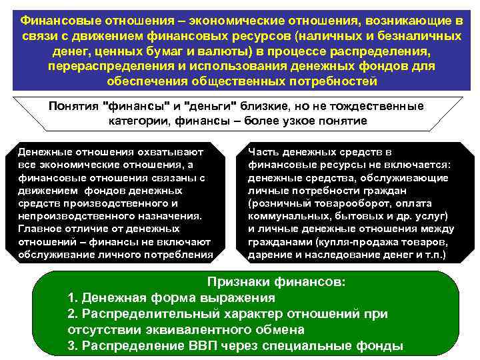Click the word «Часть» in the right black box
point(262,152)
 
